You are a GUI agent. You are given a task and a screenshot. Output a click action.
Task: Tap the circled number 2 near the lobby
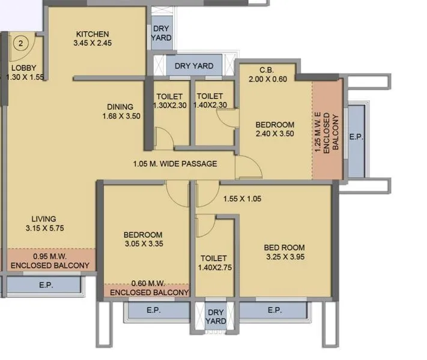pyautogui.click(x=21, y=43)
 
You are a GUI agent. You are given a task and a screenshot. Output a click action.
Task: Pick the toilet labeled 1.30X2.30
pyautogui.click(x=169, y=101)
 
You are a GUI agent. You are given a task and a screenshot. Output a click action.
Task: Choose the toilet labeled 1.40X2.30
pyautogui.click(x=210, y=101)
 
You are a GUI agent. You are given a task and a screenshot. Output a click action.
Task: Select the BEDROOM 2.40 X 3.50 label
pyautogui.click(x=274, y=129)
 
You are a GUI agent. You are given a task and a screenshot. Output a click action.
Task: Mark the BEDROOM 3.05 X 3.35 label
pyautogui.click(x=144, y=239)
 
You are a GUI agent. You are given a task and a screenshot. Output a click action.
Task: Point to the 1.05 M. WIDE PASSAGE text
pyautogui.click(x=175, y=164)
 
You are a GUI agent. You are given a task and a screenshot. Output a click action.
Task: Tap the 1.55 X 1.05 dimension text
pyautogui.click(x=243, y=199)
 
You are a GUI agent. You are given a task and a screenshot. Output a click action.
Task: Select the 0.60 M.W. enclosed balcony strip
pyautogui.click(x=146, y=290)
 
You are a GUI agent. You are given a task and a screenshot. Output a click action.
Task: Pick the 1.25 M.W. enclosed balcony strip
pyautogui.click(x=327, y=129)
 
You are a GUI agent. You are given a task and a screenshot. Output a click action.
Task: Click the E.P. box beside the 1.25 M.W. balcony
pyautogui.click(x=356, y=137)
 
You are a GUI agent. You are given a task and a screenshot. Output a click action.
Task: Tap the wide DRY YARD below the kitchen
pyautogui.click(x=194, y=65)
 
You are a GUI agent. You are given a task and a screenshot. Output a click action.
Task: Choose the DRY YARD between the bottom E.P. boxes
pyautogui.click(x=216, y=317)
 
